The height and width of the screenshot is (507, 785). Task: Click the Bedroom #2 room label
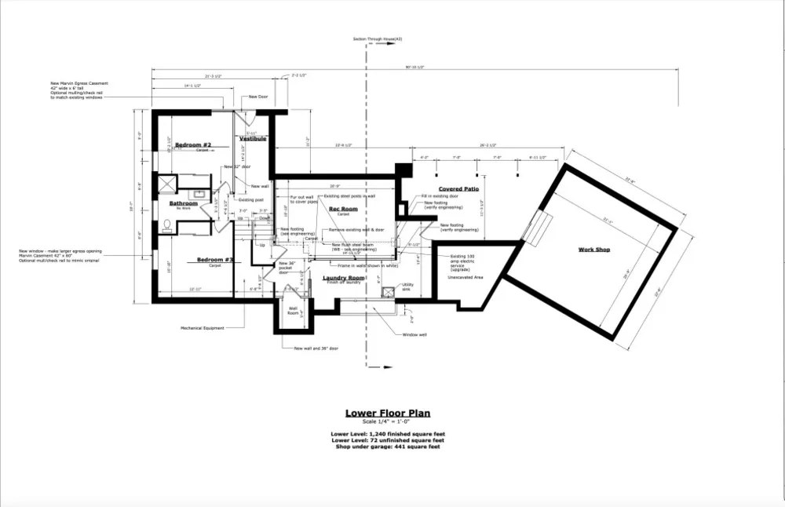click(x=193, y=145)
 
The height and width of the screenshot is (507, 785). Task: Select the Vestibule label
click(x=253, y=139)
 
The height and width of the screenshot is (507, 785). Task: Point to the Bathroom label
click(x=183, y=203)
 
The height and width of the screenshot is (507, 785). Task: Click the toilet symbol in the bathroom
click(x=166, y=225)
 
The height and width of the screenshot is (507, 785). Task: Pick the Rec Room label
click(x=342, y=209)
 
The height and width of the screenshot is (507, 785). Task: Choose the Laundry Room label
click(x=344, y=278)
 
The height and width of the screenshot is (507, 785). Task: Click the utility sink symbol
click(x=386, y=291)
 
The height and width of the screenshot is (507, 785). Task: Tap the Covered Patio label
click(x=458, y=189)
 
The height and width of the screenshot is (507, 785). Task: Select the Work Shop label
click(x=594, y=250)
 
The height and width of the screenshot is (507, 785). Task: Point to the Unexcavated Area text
click(x=466, y=277)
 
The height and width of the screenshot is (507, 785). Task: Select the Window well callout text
click(x=414, y=334)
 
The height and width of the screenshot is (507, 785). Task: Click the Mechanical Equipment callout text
click(x=202, y=328)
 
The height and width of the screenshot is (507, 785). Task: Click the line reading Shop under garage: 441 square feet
click(x=387, y=446)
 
